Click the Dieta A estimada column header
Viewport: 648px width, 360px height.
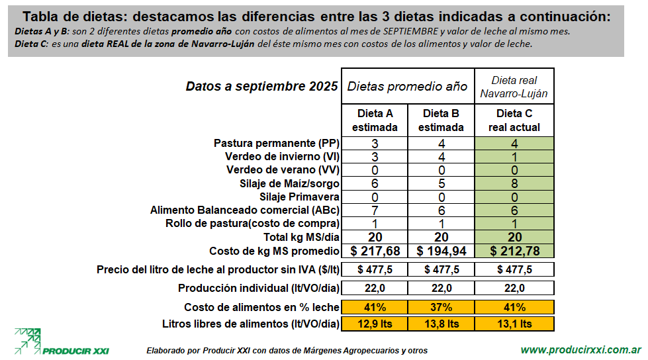point(375,120)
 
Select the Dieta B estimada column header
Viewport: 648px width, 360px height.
point(441,120)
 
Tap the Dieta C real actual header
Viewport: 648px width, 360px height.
point(514,120)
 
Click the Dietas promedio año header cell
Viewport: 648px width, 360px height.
point(408,86)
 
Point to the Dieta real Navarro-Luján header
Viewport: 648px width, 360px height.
point(514,86)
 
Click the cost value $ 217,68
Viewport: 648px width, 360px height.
point(375,251)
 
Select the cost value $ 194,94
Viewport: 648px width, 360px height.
point(441,251)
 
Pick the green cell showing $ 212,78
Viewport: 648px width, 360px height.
point(514,251)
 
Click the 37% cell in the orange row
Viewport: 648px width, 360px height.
point(441,307)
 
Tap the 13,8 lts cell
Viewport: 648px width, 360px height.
point(441,324)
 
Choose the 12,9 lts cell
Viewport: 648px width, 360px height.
point(375,324)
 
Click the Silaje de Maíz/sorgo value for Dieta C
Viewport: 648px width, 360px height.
point(514,183)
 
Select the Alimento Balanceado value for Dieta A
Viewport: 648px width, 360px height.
point(375,210)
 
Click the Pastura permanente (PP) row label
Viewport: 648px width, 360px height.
point(277,144)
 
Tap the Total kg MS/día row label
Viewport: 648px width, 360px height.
point(302,237)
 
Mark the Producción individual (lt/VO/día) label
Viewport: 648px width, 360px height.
point(259,288)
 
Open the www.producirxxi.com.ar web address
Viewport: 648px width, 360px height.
point(580,349)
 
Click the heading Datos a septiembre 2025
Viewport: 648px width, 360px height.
point(261,87)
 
